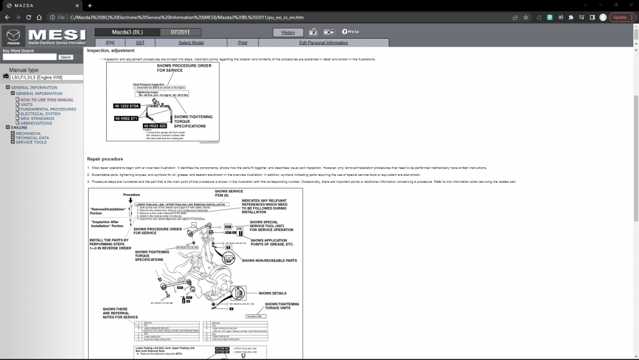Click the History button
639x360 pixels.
pos(288,32)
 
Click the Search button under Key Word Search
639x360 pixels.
pos(66,57)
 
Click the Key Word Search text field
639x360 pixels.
pos(29,57)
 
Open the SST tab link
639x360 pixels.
pos(140,42)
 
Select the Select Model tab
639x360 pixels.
pos(191,42)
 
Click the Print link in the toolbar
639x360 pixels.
pos(242,42)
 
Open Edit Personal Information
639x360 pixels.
pos(323,42)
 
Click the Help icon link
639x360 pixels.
pos(350,32)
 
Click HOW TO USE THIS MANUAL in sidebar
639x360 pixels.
pos(47,100)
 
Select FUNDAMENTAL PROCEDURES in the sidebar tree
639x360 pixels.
pos(48,109)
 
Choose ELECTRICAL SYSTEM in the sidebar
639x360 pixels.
pos(41,114)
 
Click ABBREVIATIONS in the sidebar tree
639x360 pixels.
pos(37,123)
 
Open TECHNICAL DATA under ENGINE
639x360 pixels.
pos(32,137)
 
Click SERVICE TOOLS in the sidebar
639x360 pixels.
pos(31,142)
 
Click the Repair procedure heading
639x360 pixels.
pos(105,159)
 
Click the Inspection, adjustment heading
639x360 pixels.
pos(110,51)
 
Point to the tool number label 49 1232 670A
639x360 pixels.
pos(127,106)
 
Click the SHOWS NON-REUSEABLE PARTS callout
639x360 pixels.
pos(269,260)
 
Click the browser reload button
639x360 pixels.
pos(39,17)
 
